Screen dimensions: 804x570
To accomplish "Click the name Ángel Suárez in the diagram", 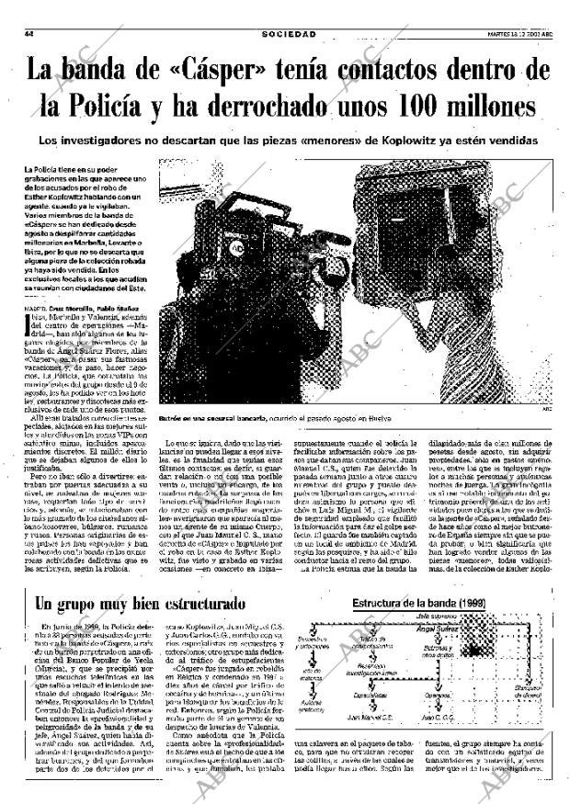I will pos(436,629).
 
